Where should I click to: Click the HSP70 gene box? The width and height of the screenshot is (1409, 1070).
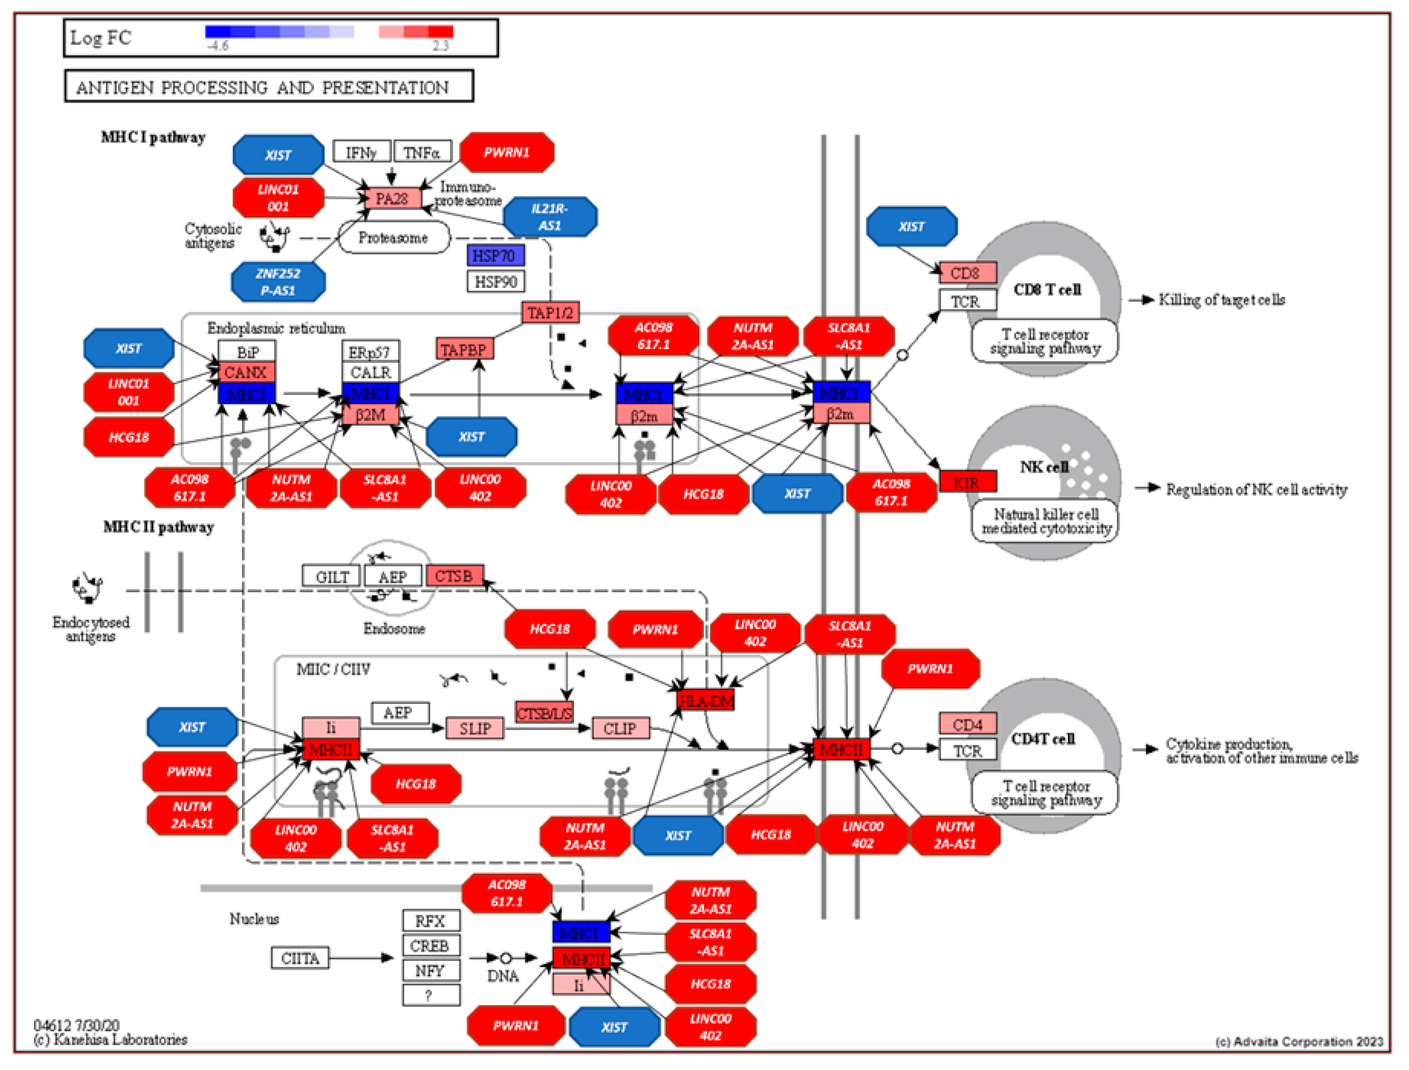click(495, 255)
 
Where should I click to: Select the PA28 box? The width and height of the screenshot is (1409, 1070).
click(392, 199)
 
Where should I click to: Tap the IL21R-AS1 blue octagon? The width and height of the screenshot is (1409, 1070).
click(550, 217)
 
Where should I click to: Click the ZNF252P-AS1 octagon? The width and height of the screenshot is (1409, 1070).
click(278, 282)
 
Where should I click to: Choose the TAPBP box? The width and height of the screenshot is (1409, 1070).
click(464, 350)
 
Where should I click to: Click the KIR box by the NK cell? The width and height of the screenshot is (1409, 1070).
click(967, 482)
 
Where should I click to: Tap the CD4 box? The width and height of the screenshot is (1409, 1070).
click(967, 725)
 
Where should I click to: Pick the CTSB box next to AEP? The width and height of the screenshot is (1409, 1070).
click(454, 576)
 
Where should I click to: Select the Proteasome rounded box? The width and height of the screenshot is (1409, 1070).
click(393, 238)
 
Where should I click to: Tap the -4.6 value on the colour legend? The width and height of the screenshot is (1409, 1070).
click(217, 46)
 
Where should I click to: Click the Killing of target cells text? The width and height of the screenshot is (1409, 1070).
click(1221, 299)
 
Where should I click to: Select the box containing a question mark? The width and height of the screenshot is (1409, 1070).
click(430, 995)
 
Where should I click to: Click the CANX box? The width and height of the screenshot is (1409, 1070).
click(246, 372)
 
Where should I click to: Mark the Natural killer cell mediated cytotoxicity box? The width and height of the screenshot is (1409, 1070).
click(1045, 521)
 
